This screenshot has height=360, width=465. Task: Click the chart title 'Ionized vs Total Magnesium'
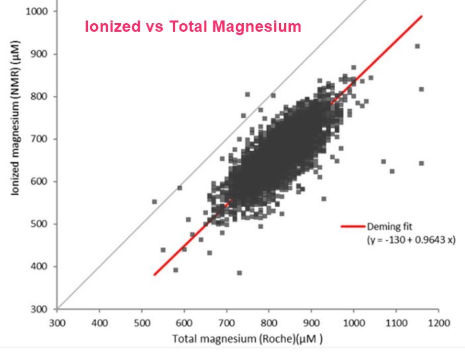pyautogui.click(x=193, y=27)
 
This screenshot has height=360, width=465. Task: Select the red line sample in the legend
pyautogui.click(x=353, y=227)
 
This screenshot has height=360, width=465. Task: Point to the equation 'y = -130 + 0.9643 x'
pyautogui.click(x=411, y=240)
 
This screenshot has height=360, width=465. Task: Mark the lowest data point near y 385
pyautogui.click(x=239, y=273)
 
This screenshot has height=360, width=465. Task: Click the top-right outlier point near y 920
pyautogui.click(x=417, y=46)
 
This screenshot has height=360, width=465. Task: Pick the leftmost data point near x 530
pyautogui.click(x=154, y=201)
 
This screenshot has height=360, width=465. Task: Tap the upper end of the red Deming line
pyautogui.click(x=422, y=16)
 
